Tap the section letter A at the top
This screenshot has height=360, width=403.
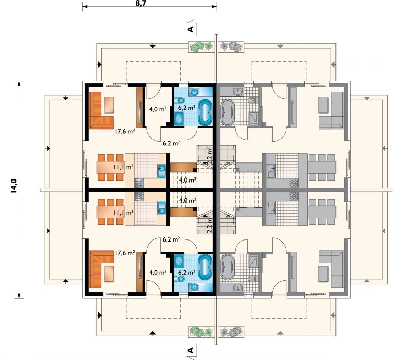click(191, 29)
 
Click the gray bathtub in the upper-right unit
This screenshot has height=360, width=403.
click(228, 113)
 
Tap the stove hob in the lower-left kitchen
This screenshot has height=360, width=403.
click(139, 196)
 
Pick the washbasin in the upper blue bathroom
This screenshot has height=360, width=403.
click(195, 91)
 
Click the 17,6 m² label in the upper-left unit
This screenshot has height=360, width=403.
click(125, 131)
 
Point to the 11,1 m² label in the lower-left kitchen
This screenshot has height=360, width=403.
click(123, 213)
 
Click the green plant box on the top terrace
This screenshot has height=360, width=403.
click(201, 47)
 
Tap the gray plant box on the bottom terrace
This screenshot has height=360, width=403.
click(231, 332)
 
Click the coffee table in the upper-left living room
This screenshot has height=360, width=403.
click(109, 105)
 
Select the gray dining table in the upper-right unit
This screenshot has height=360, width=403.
click(322, 167)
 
